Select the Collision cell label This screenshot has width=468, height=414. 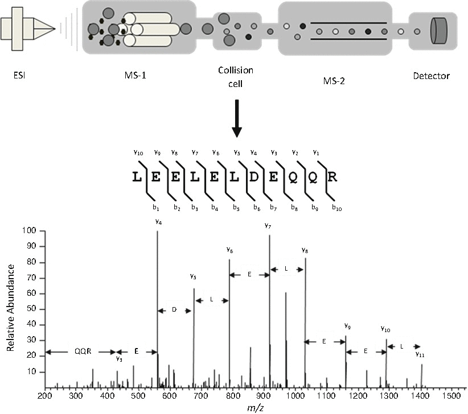coord(236,76)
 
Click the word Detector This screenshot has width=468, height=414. coord(432,75)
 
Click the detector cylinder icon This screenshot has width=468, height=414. coord(439,31)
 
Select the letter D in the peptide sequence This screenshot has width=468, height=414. coord(254,177)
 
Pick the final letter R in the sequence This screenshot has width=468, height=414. coord(333,177)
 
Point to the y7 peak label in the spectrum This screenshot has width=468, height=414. coord(268,226)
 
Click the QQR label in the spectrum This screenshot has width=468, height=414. coord(80,351)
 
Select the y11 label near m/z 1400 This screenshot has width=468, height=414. coord(420,354)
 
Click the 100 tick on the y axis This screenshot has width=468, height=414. coord(30,231)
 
